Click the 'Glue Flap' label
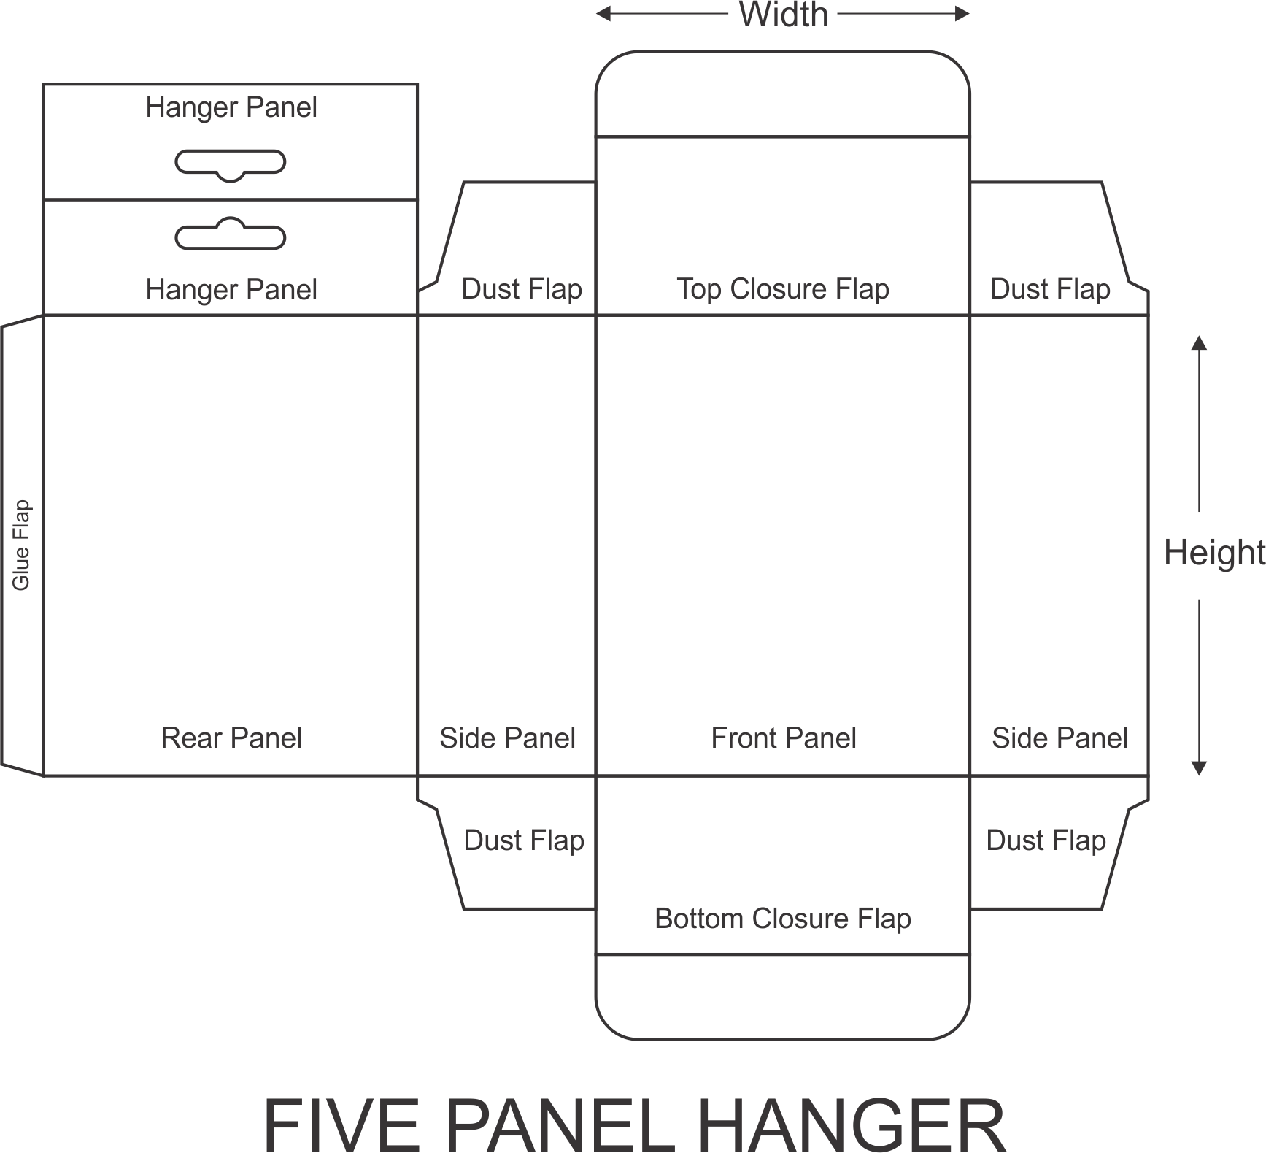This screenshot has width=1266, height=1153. point(21,545)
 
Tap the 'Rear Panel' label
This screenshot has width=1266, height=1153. point(231,738)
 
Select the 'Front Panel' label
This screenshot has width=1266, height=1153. point(784,738)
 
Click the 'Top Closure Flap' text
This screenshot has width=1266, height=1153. point(783,289)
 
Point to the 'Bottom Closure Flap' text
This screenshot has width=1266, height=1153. point(783,919)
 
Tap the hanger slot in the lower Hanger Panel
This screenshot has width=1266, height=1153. point(231,234)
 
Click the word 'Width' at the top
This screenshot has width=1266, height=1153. point(784,15)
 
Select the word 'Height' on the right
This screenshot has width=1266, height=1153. point(1214,553)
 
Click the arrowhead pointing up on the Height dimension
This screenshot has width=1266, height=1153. point(1199,342)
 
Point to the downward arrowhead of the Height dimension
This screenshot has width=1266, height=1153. point(1199,768)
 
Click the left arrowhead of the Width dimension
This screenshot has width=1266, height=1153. point(603,14)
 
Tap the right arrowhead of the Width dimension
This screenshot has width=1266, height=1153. point(962,14)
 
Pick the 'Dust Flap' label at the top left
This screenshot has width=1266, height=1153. point(522,289)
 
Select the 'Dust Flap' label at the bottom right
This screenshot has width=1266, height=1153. point(1046,840)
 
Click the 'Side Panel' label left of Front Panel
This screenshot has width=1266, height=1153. point(507,738)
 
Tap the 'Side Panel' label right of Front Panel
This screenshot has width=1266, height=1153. point(1059,738)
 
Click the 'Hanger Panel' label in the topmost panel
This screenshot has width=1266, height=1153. point(231,107)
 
